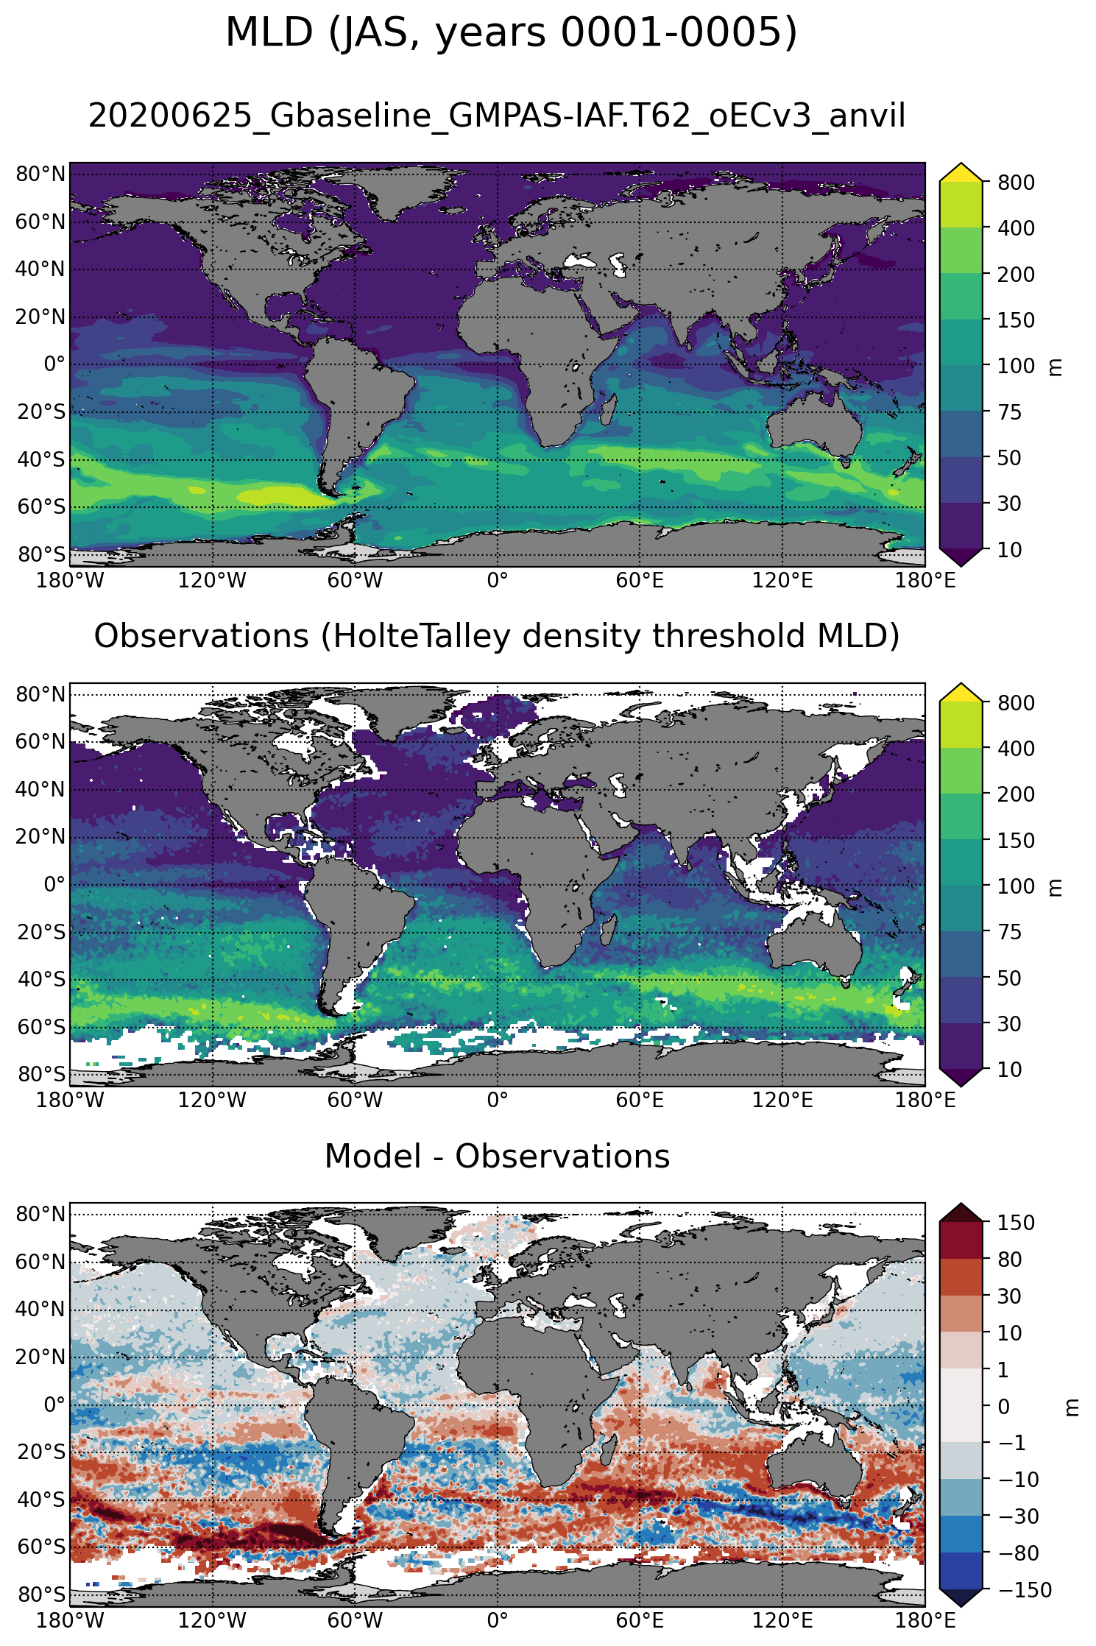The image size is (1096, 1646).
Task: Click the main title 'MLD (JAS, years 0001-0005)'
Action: (511, 33)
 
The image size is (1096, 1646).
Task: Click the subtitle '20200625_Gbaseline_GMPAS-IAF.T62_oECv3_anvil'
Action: (497, 116)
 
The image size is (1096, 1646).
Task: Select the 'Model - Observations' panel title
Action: (497, 1156)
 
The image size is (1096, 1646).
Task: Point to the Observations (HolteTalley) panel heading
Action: (497, 637)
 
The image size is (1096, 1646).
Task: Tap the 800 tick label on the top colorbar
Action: (1016, 183)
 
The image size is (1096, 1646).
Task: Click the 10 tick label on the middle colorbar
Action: (1010, 1069)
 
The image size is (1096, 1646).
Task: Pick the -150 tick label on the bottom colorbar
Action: (1025, 1589)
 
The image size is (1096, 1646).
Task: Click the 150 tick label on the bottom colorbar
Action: (1016, 1223)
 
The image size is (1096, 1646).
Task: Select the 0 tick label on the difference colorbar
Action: (1003, 1406)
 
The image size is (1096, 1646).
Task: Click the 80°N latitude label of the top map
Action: (40, 174)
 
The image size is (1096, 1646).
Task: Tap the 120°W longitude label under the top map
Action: (212, 581)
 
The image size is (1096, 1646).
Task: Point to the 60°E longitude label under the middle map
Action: (640, 1101)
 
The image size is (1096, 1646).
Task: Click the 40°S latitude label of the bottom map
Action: (40, 1500)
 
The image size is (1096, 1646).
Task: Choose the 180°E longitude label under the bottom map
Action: (924, 1620)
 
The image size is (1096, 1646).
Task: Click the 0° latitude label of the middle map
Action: (54, 884)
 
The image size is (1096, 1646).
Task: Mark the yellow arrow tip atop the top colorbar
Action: (961, 171)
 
